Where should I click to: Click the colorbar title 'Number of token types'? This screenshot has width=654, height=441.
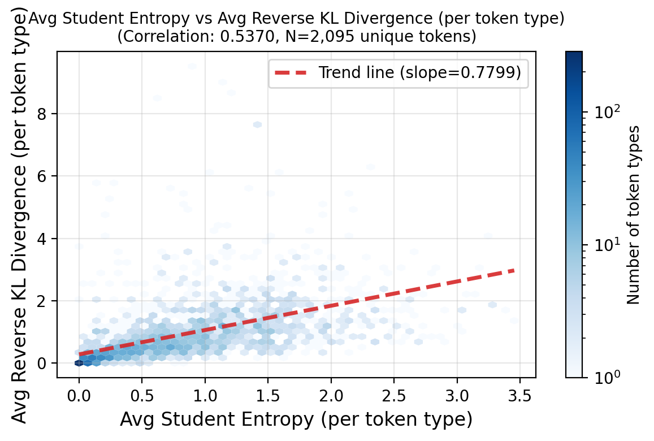click(634, 214)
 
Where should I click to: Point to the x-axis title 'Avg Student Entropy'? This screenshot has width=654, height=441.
click(296, 420)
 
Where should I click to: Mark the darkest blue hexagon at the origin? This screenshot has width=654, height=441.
click(79, 363)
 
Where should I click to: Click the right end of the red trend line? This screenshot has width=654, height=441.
click(514, 271)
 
